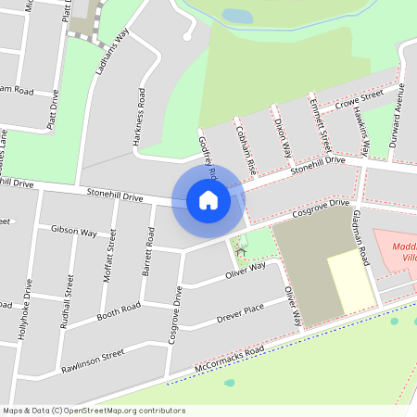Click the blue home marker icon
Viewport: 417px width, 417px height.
coord(208,199)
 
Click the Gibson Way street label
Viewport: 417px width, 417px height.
coord(74,230)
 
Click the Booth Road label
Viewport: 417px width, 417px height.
coord(118,308)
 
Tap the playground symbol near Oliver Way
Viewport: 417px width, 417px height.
coord(242,249)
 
